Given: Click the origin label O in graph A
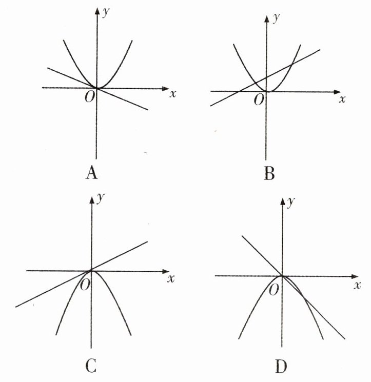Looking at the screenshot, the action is coord(89,97).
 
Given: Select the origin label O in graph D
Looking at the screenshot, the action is coord(275,288).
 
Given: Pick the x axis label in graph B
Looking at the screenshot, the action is coord(342,98).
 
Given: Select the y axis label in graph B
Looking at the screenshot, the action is coord(276,18).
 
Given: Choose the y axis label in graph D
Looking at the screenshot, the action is coord(291,202).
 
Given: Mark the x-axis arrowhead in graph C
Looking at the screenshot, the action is coord(165,271).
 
